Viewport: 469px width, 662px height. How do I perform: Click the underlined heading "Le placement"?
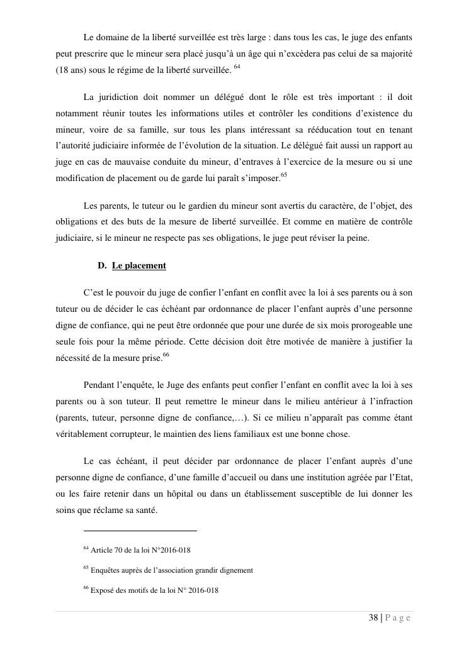tap(139, 266)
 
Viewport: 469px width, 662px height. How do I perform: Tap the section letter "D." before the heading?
tap(103, 266)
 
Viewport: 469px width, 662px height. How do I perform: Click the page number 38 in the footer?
tap(373, 618)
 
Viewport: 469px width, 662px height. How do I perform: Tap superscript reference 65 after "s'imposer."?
tap(284, 176)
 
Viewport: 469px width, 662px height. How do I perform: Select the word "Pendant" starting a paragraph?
tap(98, 385)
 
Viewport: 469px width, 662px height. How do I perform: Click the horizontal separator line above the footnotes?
tap(140, 531)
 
